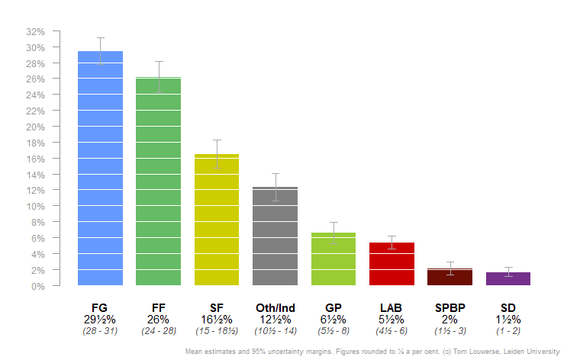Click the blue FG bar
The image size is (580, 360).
pyautogui.click(x=100, y=168)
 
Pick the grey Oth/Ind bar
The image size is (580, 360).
pyautogui.click(x=275, y=236)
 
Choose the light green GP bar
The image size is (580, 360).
pyautogui.click(x=333, y=259)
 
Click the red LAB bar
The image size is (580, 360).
pyautogui.click(x=391, y=264)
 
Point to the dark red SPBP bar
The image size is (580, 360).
pyautogui.click(x=449, y=278)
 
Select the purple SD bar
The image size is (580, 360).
pyautogui.click(x=508, y=279)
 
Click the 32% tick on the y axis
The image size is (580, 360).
pyautogui.click(x=36, y=32)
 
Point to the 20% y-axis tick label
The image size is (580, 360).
pyautogui.click(x=36, y=127)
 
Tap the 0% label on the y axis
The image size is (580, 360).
pyautogui.click(x=39, y=286)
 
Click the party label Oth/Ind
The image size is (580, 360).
pyautogui.click(x=275, y=308)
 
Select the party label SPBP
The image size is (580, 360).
pyautogui.click(x=449, y=308)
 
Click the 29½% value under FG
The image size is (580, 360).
pyautogui.click(x=100, y=320)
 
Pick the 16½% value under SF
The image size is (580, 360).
pyautogui.click(x=217, y=320)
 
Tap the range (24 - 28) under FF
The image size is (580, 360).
pyautogui.click(x=159, y=331)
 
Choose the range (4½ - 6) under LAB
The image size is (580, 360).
pyautogui.click(x=391, y=331)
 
